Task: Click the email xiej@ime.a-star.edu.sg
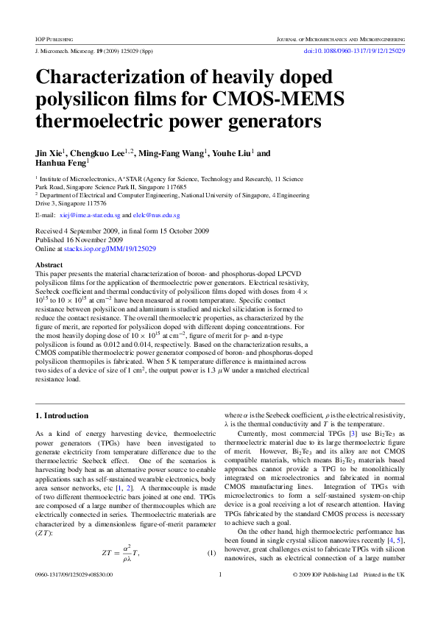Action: pyautogui.click(x=89, y=215)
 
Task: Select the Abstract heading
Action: pyautogui.click(x=49, y=264)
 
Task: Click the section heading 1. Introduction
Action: pyautogui.click(x=65, y=417)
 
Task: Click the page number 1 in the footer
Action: pyautogui.click(x=219, y=595)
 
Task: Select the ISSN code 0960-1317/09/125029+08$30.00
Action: pyautogui.click(x=74, y=595)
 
